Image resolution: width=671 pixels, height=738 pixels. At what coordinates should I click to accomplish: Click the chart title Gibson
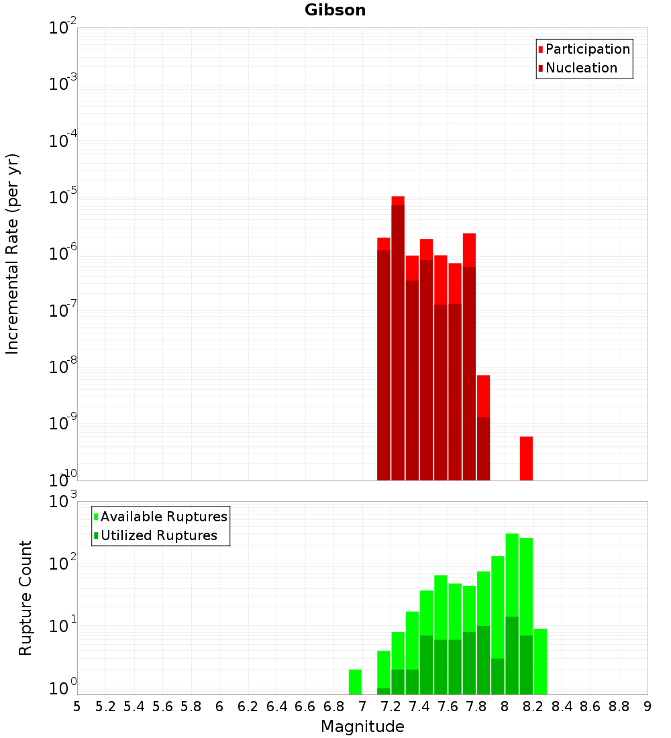(x=335, y=10)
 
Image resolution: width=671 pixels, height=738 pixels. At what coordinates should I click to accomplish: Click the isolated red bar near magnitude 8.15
(x=526, y=458)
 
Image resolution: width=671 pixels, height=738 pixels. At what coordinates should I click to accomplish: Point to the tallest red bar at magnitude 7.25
(x=398, y=335)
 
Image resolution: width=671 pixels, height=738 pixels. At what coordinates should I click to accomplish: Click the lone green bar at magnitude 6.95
(x=355, y=682)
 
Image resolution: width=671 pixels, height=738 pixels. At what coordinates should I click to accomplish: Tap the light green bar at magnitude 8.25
(x=540, y=661)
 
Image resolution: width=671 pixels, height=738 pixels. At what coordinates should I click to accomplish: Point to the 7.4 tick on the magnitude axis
(x=419, y=706)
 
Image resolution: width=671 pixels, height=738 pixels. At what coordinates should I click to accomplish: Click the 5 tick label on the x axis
(x=77, y=706)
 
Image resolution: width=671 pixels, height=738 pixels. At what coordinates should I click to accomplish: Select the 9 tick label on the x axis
(x=648, y=706)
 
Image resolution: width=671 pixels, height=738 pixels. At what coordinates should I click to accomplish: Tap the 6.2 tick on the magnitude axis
(x=248, y=706)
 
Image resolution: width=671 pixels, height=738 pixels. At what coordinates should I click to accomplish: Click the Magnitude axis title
(x=362, y=726)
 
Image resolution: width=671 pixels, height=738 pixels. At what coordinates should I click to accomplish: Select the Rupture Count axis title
(x=25, y=598)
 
